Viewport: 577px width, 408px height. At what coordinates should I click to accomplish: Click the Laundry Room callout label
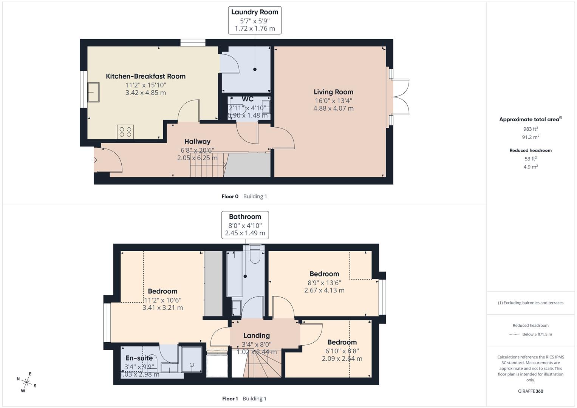pos(254,20)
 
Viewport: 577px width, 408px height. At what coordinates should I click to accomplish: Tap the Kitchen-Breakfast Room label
pos(145,76)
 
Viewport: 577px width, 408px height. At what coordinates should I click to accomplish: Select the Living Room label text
pos(333,92)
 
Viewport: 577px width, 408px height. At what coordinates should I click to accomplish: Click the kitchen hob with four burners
pos(125,131)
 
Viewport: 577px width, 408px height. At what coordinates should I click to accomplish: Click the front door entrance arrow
pos(94,160)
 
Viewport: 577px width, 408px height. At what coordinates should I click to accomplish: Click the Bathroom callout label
pos(245,225)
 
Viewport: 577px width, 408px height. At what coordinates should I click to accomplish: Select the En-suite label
pos(139,358)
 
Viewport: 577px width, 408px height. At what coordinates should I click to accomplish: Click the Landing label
pos(256,335)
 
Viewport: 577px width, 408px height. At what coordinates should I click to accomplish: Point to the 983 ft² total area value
pos(531,129)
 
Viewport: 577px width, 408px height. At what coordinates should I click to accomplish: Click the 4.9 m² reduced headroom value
pos(531,167)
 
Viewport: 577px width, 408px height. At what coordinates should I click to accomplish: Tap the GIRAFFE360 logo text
pos(531,391)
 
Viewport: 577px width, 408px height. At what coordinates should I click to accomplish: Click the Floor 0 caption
pos(230,196)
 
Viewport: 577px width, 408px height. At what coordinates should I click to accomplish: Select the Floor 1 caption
pos(230,399)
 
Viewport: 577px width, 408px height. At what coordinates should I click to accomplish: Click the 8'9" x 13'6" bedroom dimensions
pos(324,283)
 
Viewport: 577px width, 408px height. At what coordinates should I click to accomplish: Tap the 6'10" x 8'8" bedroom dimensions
pos(342,351)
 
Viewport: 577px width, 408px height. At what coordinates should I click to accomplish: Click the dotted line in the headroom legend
pos(514,334)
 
